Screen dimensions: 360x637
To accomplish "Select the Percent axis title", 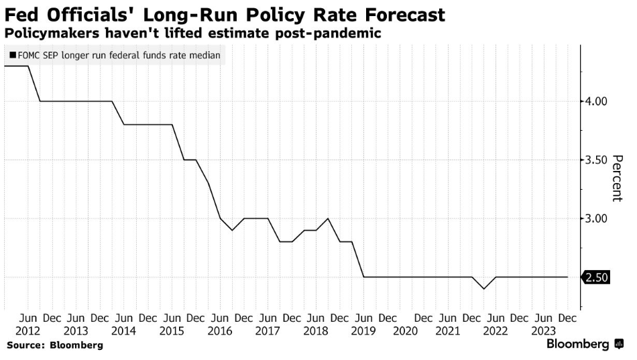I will [x=618, y=178].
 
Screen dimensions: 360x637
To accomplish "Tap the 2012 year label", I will [x=28, y=331].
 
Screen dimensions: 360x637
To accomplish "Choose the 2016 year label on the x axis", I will [x=220, y=331].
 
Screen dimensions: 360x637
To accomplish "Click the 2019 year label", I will [x=363, y=331].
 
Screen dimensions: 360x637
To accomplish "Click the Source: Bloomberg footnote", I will [x=55, y=345].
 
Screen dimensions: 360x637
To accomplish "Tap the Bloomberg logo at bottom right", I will [x=583, y=344].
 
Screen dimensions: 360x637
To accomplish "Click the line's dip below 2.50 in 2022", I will [x=483, y=289].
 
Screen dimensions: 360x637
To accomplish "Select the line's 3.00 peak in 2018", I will [x=328, y=219].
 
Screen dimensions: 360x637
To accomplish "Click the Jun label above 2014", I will [x=123, y=318].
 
